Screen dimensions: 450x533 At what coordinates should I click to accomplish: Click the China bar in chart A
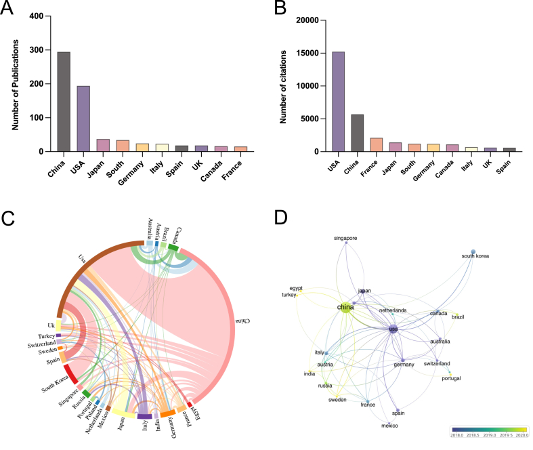coord(64,102)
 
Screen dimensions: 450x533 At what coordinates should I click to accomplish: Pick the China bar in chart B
coord(357,133)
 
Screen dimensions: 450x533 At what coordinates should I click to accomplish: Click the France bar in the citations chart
coord(377,145)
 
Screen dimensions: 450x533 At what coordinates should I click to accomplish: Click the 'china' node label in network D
coord(345,308)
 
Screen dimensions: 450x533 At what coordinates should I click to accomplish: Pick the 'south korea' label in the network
coord(475,256)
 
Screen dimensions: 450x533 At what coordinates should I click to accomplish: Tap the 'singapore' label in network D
coord(345,239)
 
